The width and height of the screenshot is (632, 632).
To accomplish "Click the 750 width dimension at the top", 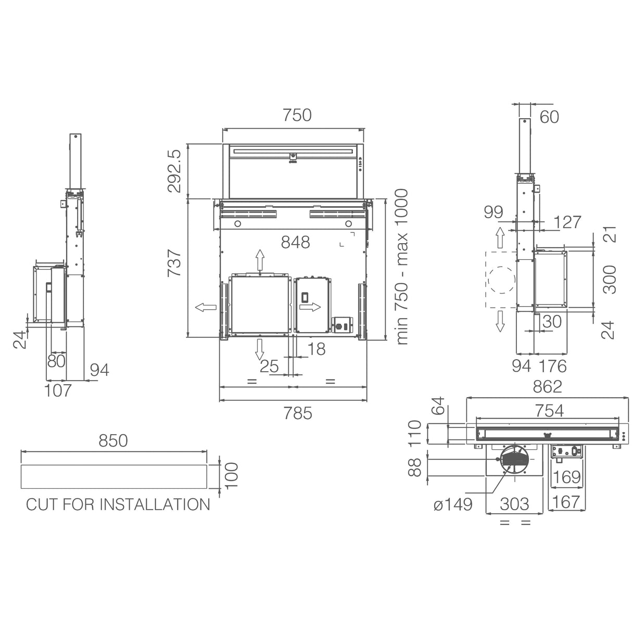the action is (x=297, y=115).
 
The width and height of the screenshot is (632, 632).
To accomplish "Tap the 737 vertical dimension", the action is (x=174, y=263).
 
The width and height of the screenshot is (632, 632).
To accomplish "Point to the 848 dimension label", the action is (x=296, y=243).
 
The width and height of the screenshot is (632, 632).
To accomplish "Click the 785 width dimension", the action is (x=298, y=413).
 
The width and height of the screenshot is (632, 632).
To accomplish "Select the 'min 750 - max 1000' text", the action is (x=402, y=267).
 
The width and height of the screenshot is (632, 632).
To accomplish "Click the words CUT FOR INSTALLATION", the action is (x=118, y=504).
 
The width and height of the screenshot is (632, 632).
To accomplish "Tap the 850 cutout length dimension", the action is (x=113, y=441).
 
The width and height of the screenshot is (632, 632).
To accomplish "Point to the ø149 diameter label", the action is (x=453, y=504).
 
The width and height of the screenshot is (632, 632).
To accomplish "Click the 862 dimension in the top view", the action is (x=547, y=387).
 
